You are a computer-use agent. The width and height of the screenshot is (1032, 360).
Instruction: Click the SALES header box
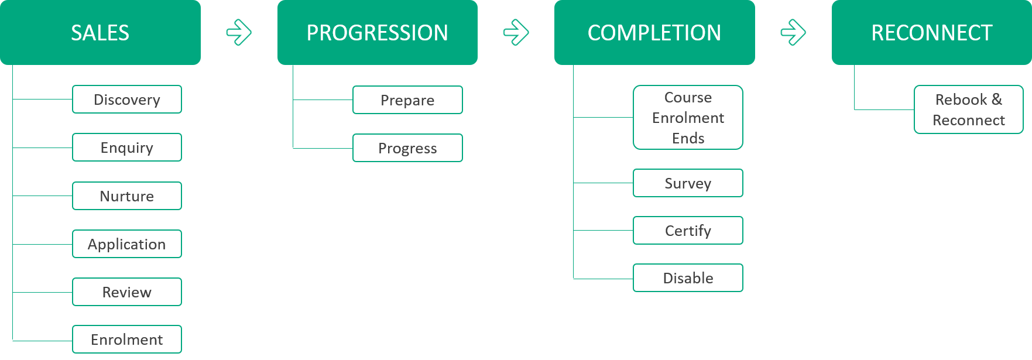tap(100, 32)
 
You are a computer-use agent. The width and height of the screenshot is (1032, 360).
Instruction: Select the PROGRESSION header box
tap(378, 32)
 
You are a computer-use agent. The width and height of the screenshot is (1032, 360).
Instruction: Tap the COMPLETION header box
tap(654, 32)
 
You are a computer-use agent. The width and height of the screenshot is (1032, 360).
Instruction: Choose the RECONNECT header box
tap(932, 32)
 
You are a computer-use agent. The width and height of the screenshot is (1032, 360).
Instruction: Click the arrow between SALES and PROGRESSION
tap(239, 32)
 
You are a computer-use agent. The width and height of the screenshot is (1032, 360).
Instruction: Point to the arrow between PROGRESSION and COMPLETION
tap(516, 32)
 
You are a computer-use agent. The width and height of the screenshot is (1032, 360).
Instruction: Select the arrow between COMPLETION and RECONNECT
tap(793, 32)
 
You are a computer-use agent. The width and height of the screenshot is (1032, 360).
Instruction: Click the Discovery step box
tap(127, 100)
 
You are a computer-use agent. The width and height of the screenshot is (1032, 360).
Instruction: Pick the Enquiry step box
tap(127, 148)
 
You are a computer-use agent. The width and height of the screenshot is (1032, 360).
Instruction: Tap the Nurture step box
tap(127, 196)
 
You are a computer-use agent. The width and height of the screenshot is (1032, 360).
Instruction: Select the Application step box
tap(127, 244)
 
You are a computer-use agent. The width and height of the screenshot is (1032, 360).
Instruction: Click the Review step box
tap(127, 292)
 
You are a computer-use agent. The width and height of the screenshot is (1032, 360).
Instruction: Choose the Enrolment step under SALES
tap(127, 340)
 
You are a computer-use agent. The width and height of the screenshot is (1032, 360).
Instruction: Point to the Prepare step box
tap(407, 100)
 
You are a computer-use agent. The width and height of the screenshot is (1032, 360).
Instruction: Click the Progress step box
tap(407, 148)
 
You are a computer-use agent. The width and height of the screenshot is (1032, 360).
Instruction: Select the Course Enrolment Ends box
tap(688, 118)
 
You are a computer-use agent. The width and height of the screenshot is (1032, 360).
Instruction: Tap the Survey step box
tap(688, 183)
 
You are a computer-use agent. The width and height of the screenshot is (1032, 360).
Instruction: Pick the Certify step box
tap(688, 231)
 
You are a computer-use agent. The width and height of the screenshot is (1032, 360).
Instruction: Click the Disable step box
tap(688, 278)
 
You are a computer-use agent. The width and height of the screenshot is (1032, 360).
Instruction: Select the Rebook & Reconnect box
tap(969, 109)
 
